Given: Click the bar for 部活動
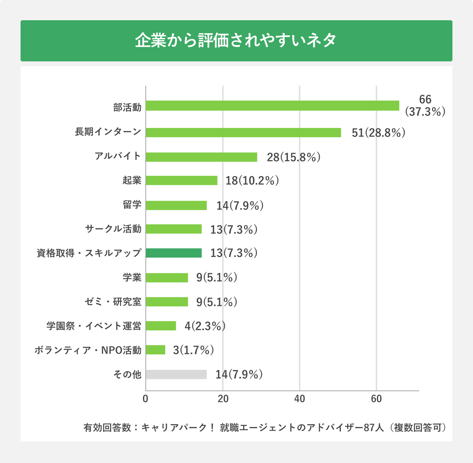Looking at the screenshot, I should coord(272,106).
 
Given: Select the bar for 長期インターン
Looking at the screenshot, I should coord(243,132).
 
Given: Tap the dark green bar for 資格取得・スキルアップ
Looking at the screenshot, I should coord(174,253).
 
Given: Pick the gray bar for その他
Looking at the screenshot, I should coord(176,375).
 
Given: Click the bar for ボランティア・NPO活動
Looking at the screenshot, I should coord(156,350).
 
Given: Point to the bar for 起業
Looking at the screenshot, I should coord(182,180).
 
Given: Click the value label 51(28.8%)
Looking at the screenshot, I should coord(378,133).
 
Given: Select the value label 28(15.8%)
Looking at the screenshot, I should coord(293,157).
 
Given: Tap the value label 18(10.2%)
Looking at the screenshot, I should coord(252,180).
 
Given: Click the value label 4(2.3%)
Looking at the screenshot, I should coord(205,326).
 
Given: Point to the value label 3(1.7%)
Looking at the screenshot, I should coord(193,350).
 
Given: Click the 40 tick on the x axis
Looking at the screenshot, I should coord(299,399).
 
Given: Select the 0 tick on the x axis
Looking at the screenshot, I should coord(146,399).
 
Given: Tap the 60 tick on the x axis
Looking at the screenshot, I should coord(376,399).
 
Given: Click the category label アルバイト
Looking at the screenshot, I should coord(118,156).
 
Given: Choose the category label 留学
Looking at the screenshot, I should coord(132,205).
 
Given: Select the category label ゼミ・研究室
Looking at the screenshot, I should coord(113,302).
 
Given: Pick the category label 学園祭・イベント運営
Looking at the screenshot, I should coord(94,326).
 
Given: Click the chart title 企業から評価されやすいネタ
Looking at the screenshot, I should coord(236,40).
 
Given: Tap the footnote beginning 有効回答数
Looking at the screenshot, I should coord(265,428).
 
